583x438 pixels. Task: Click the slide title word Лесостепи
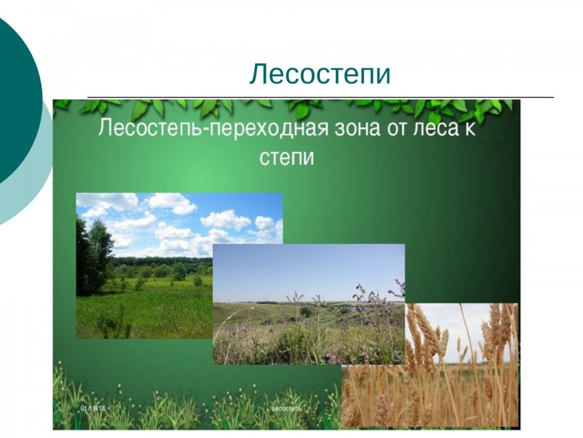click(x=320, y=74)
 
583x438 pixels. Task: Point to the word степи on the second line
click(x=287, y=156)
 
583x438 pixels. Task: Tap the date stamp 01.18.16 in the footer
click(x=94, y=409)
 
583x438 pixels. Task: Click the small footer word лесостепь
click(x=286, y=409)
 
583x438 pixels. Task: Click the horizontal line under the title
click(x=320, y=97)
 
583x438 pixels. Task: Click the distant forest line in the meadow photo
click(x=160, y=260)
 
